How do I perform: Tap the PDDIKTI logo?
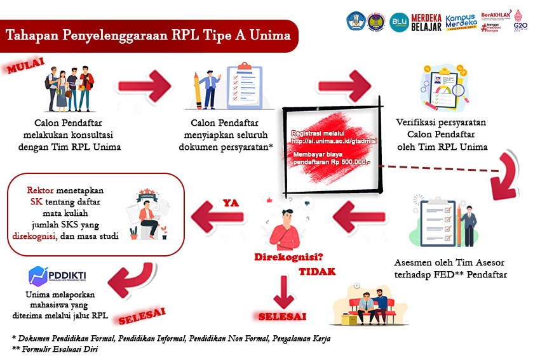(58, 276)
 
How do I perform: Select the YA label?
(230, 203)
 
